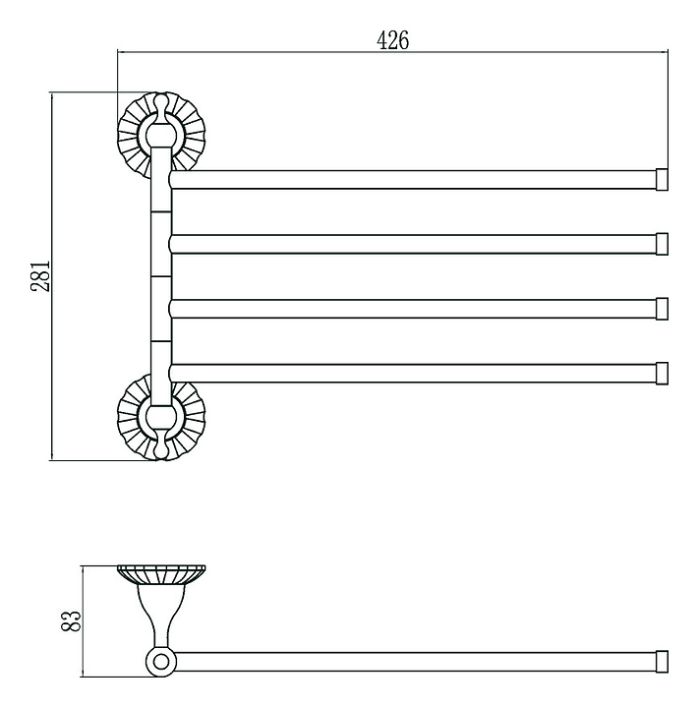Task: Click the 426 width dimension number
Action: coord(392,40)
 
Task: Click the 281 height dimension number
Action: coord(41,276)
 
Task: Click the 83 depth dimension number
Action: coord(71,620)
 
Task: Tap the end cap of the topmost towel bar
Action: coord(662,180)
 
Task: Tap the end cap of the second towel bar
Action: coord(662,244)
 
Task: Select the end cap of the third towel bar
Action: coord(662,309)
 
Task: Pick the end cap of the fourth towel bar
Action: coord(662,374)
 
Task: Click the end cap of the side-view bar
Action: coord(662,662)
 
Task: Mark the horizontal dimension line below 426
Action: coord(392,52)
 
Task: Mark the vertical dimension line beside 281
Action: coord(52,276)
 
